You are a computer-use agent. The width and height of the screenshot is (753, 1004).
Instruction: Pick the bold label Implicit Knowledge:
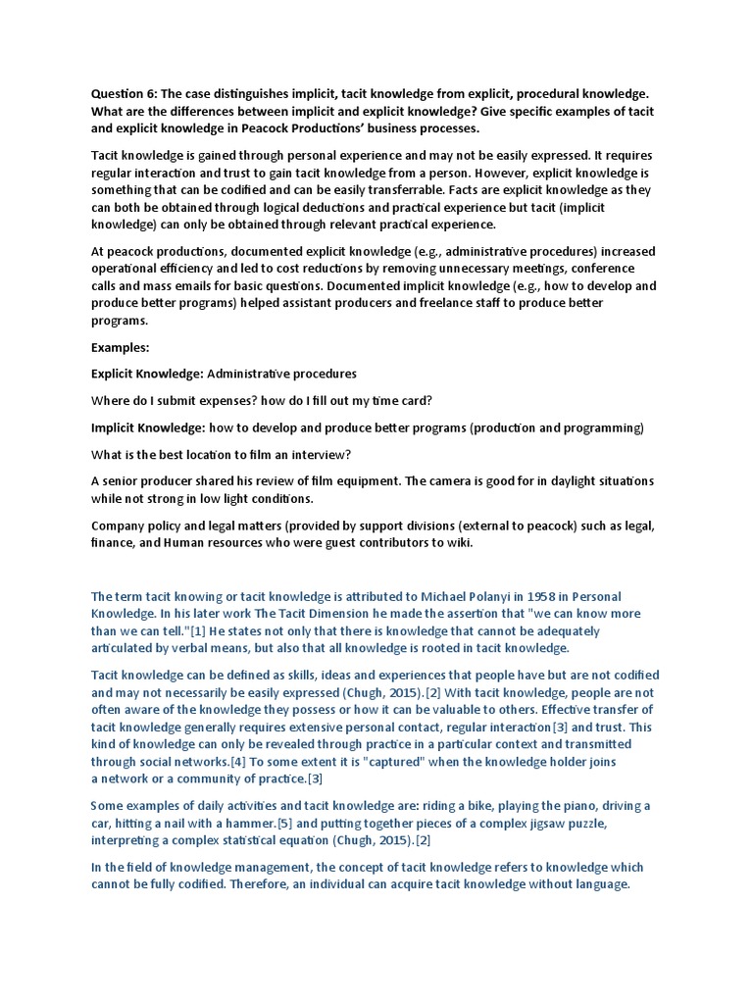tap(147, 427)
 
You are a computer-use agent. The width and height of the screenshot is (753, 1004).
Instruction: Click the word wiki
tap(456, 542)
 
